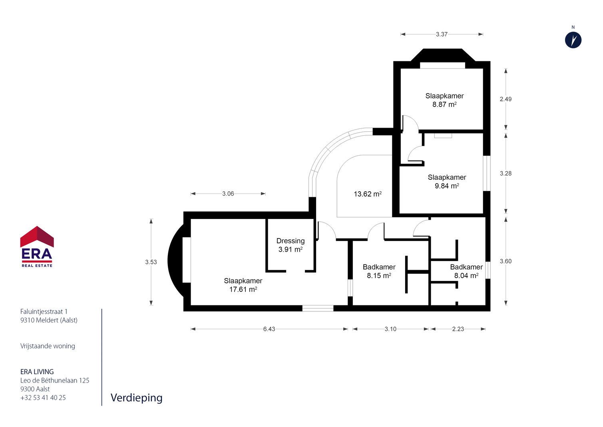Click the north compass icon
coord(573,40)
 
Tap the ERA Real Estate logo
coord(37,247)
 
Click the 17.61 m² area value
coord(243,289)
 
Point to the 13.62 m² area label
coord(368,194)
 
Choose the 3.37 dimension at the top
coord(442,34)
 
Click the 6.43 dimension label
coord(269,329)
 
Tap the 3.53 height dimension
coord(151,262)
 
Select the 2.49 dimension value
coord(506,99)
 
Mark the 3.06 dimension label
coord(228,194)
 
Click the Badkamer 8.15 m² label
coord(379,271)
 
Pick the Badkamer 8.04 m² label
coord(466,271)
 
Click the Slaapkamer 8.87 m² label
coord(444,100)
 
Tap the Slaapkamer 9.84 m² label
coord(447,181)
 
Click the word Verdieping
coord(137,398)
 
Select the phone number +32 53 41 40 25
coord(43,398)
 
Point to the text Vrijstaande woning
coord(48,346)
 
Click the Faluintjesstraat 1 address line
coord(44,311)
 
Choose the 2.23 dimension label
coord(458,329)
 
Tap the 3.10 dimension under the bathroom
coord(390,329)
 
